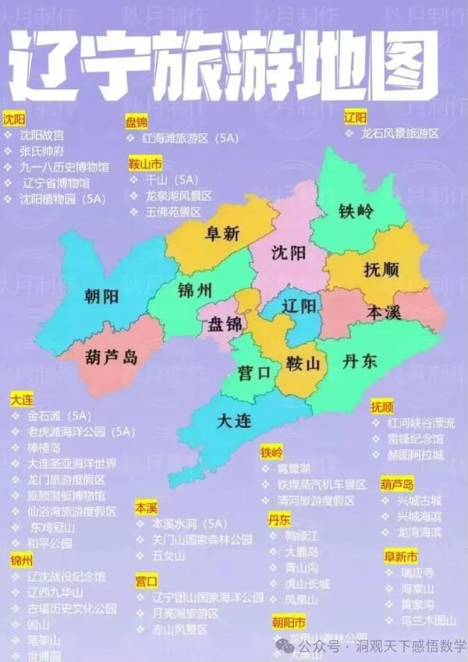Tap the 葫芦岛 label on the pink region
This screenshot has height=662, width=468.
tap(111, 357)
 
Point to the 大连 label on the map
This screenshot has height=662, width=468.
tap(234, 422)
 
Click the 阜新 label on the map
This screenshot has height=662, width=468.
tap(222, 233)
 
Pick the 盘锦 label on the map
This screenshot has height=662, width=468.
tap(225, 324)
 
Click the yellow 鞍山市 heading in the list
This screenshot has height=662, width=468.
tap(146, 165)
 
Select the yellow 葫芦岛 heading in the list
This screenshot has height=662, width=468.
tap(397, 484)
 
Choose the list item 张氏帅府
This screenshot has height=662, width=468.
tap(42, 151)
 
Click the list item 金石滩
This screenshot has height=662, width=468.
tap(46, 416)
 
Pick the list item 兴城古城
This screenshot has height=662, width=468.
tap(419, 501)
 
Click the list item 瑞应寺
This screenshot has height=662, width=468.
tap(417, 572)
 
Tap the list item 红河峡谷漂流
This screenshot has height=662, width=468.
tap(420, 423)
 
